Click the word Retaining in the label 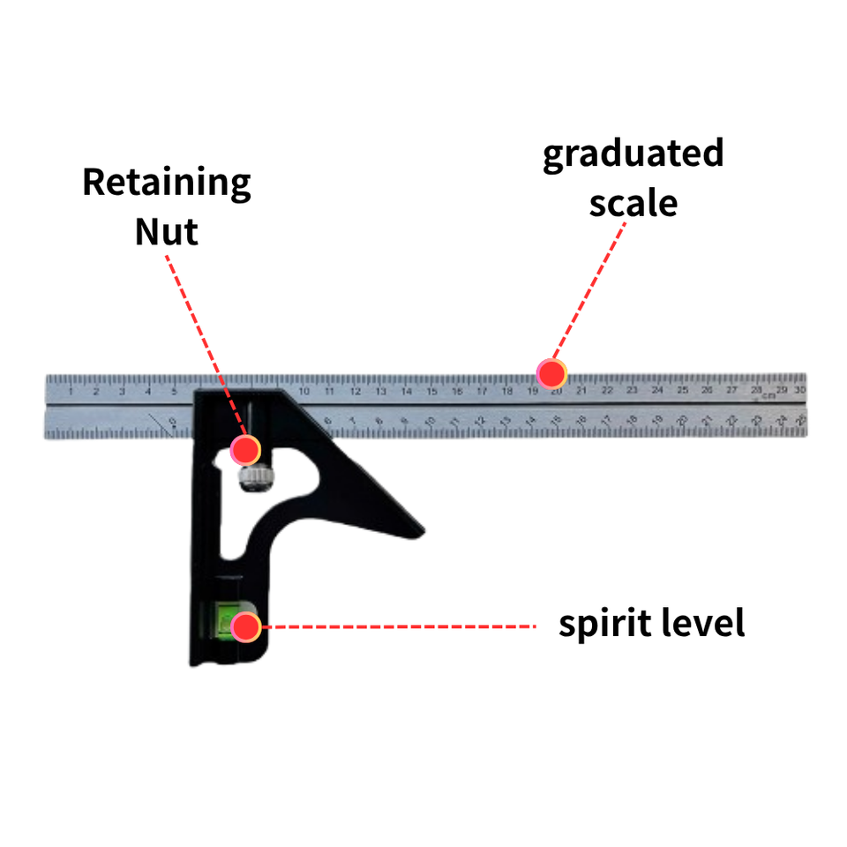tap(167, 184)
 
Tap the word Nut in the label tap(167, 232)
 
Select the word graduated tap(633, 155)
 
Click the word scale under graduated tap(633, 203)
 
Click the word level tap(701, 624)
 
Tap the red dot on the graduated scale tap(552, 373)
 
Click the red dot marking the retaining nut tap(245, 450)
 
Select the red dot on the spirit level tap(245, 626)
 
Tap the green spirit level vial tap(228, 620)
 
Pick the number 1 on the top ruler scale tap(70, 391)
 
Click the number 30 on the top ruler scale tap(799, 389)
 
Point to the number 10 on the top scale tap(304, 391)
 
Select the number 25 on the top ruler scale tap(683, 390)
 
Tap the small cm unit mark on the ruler tap(768, 395)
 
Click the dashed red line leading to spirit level tap(397, 626)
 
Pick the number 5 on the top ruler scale tap(174, 391)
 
